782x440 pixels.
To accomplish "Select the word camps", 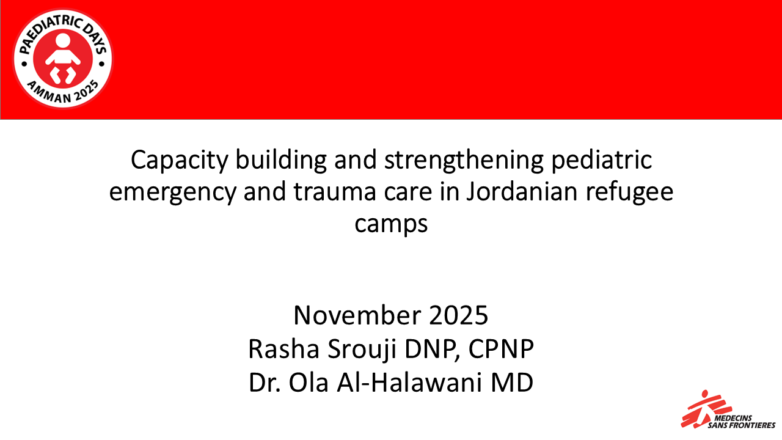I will point(391,224).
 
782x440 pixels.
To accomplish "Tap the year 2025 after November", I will point(458,316).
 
